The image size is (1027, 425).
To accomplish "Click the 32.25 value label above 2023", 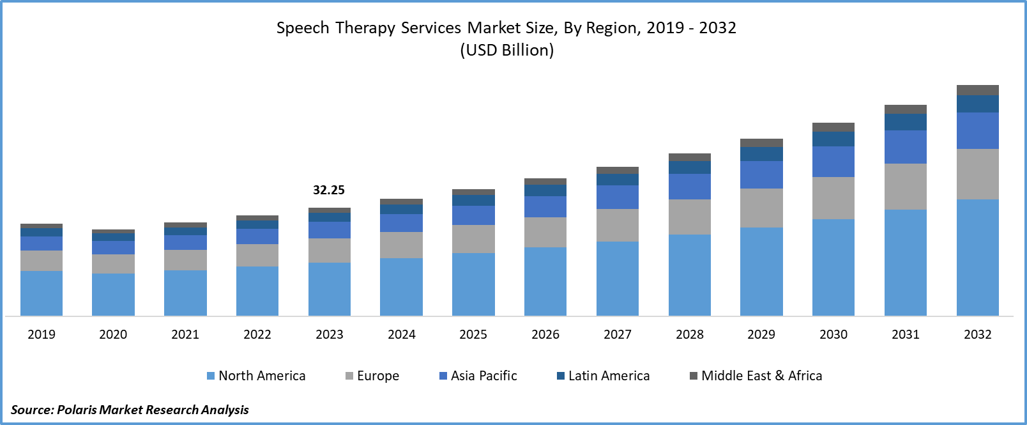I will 329,190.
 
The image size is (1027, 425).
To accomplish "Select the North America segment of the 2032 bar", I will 977,257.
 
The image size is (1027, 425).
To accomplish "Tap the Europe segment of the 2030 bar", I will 833,198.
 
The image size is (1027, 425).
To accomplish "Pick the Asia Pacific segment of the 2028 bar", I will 690,187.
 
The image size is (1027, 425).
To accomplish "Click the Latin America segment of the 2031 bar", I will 906,122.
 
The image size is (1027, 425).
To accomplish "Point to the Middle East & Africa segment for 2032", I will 977,90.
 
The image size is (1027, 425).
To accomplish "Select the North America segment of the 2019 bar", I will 42,293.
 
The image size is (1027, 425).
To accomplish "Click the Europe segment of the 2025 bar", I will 473,239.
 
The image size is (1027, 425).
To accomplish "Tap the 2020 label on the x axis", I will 113,334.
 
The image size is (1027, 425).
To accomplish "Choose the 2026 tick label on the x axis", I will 545,334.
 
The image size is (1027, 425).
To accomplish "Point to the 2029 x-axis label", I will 761,334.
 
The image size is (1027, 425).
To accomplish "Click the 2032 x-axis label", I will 977,334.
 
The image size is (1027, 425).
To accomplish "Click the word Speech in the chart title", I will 303,28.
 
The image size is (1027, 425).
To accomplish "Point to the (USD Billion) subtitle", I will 507,50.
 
